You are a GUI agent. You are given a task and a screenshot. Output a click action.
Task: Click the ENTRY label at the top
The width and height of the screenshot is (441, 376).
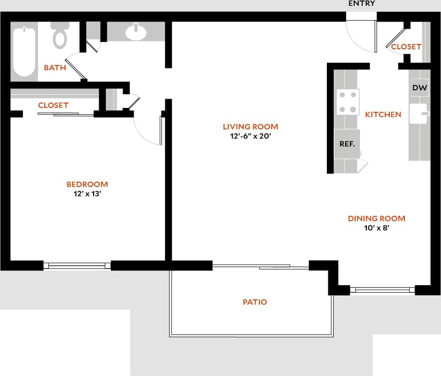361,3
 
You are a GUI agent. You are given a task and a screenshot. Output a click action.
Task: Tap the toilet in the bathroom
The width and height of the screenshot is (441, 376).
60,35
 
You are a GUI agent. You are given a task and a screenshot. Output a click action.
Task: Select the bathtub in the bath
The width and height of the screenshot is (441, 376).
24,51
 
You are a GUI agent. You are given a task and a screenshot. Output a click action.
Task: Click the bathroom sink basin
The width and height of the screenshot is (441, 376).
136,32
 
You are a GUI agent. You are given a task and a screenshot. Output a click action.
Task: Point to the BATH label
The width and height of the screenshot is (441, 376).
55,67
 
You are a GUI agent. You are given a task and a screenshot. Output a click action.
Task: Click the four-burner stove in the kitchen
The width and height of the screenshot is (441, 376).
348,102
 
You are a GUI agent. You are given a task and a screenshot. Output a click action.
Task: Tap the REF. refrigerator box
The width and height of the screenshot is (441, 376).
347,144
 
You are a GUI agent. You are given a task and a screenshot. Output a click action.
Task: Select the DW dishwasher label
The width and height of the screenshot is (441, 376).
420,88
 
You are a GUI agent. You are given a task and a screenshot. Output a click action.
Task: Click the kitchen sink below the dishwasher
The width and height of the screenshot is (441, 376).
418,114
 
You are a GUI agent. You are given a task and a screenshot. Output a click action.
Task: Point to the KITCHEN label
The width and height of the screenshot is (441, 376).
383,114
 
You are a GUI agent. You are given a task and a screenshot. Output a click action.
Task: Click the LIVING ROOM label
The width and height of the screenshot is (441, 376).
250,127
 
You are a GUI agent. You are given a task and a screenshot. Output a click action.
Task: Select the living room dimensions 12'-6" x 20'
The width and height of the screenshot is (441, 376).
250,137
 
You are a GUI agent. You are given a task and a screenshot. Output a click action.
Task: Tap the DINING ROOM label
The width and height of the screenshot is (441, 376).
376,218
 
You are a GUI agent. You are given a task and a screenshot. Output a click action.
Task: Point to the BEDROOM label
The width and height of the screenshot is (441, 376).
87,184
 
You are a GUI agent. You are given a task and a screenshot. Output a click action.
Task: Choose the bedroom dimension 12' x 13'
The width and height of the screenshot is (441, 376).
87,193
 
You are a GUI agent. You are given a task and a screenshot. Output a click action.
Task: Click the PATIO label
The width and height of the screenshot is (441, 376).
255,302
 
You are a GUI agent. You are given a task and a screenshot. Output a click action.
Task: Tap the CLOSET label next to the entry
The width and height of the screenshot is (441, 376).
406,46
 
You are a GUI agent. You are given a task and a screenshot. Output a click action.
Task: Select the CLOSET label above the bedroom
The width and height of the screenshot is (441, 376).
53,105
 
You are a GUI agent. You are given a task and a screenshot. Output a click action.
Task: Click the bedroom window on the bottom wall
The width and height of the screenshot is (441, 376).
77,266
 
